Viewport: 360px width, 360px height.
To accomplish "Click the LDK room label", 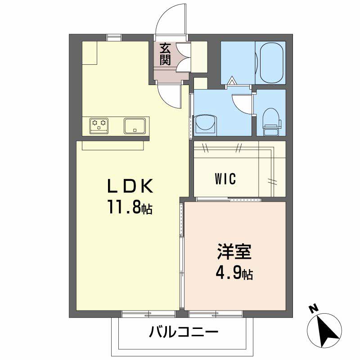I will point(130,186).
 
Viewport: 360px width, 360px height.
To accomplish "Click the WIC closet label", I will point(225,179).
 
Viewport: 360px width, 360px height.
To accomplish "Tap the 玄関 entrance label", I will point(165,54).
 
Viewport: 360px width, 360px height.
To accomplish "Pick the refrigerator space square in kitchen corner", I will point(90,53).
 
